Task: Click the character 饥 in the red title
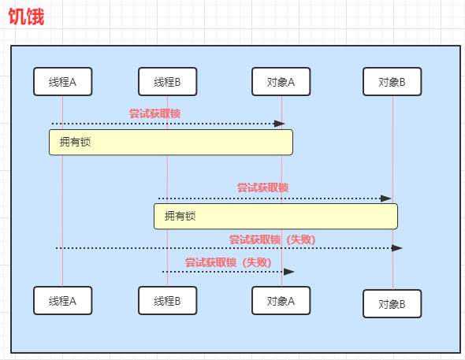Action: coord(17,17)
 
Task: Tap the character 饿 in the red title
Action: coord(35,17)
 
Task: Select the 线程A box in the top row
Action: coord(63,81)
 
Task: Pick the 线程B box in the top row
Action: coord(168,81)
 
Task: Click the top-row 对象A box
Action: coord(281,81)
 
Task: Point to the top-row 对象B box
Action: coord(392,81)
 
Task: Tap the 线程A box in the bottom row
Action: coord(63,300)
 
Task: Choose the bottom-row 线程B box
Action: coord(168,300)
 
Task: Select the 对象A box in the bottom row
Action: coord(281,300)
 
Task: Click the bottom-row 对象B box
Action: coord(392,304)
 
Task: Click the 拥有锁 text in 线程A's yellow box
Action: coord(75,142)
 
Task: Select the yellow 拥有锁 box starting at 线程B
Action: coord(276,217)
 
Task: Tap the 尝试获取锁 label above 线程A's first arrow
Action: coord(154,113)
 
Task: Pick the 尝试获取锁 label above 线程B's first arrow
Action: coord(262,187)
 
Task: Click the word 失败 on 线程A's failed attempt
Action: coord(301,239)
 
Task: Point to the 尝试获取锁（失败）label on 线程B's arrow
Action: coord(229,262)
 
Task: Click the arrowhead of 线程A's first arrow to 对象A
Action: coord(279,124)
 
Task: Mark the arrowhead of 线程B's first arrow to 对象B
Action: coord(386,199)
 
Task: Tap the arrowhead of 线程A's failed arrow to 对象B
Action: coord(396,248)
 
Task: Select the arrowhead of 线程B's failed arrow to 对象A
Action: coord(288,272)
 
